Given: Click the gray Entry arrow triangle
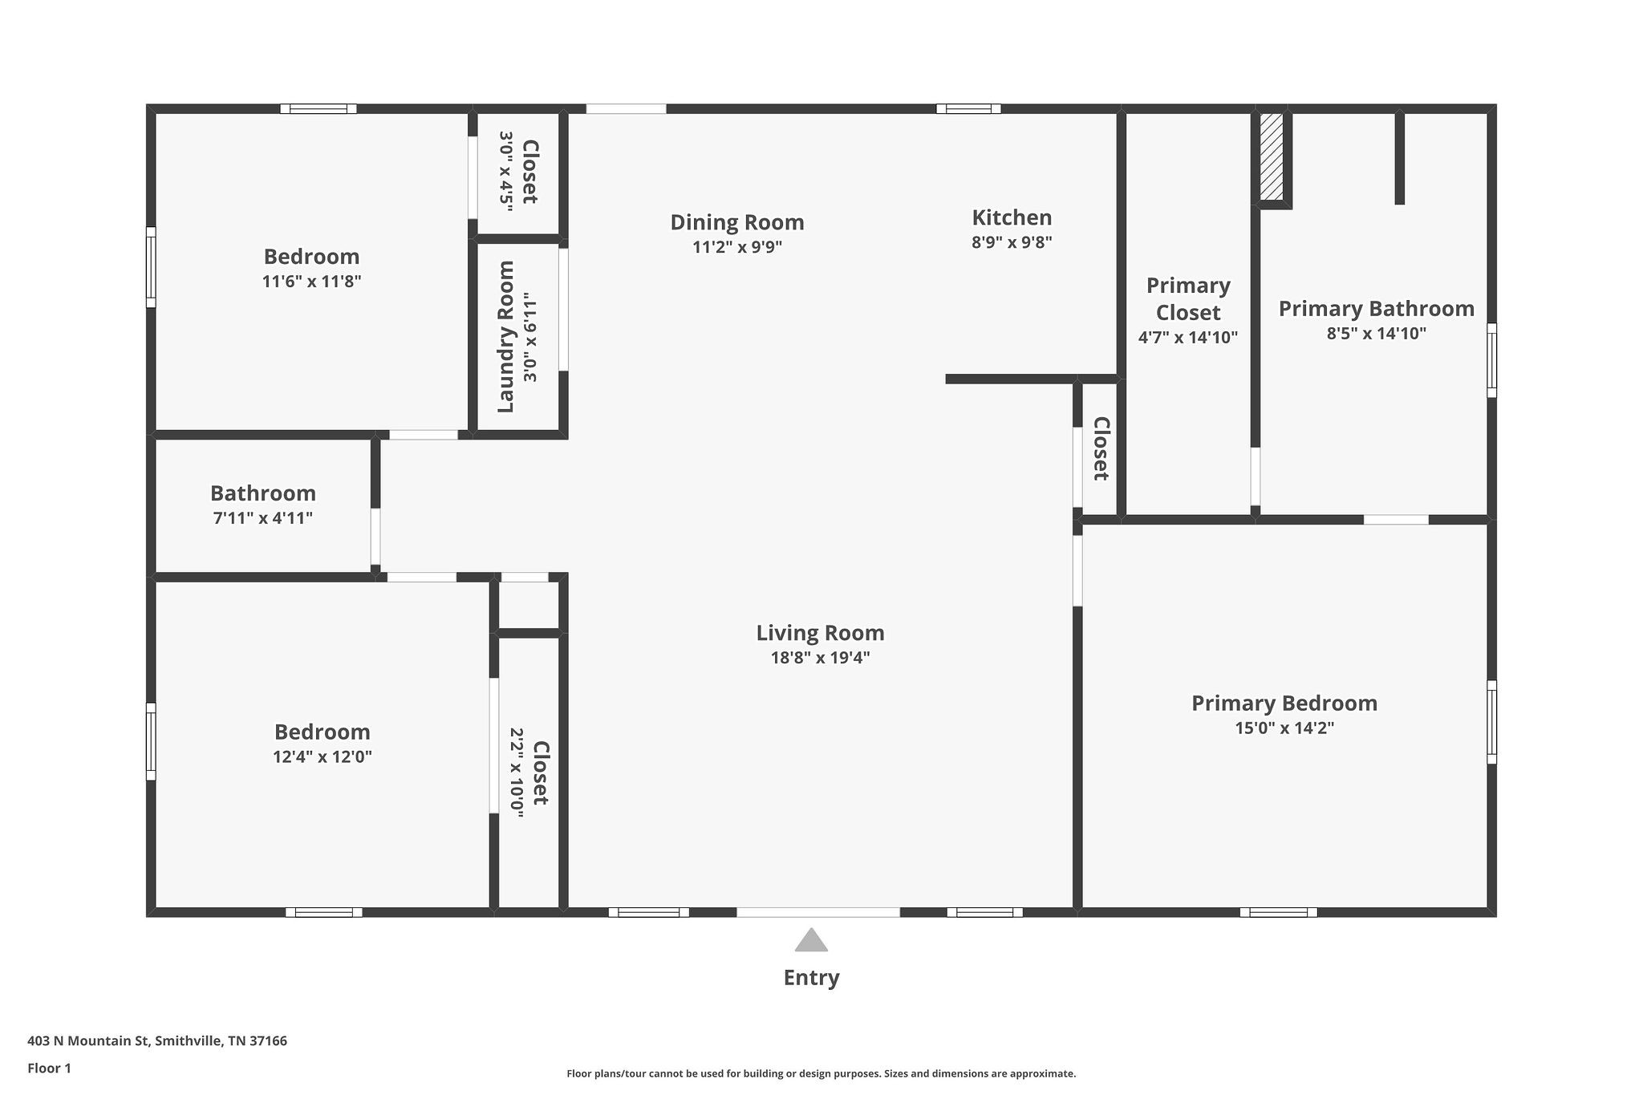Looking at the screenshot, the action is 811,940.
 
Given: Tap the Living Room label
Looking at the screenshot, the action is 820,633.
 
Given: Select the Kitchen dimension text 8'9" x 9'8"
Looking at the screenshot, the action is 1012,241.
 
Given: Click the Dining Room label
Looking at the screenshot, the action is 737,222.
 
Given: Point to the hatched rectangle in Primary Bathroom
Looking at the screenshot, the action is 1272,156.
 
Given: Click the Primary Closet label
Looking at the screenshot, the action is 1188,298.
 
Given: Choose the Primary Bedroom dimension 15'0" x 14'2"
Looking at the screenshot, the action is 1284,728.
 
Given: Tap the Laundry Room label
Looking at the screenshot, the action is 505,337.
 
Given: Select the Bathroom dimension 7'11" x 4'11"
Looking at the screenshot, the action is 263,518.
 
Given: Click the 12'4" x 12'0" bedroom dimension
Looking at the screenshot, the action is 323,756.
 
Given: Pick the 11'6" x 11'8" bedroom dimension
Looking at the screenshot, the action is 312,282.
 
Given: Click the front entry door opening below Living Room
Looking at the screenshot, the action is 818,912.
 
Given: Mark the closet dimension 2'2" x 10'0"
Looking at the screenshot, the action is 517,773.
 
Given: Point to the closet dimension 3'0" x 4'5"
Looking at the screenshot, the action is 506,171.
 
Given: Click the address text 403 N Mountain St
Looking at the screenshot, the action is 88,1041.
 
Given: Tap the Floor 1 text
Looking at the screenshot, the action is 49,1069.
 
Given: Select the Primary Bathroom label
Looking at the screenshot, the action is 1377,309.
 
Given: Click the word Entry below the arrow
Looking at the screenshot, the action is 812,978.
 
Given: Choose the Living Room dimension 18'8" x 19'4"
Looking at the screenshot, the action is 820,658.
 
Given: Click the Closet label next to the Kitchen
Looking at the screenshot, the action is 1101,448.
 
